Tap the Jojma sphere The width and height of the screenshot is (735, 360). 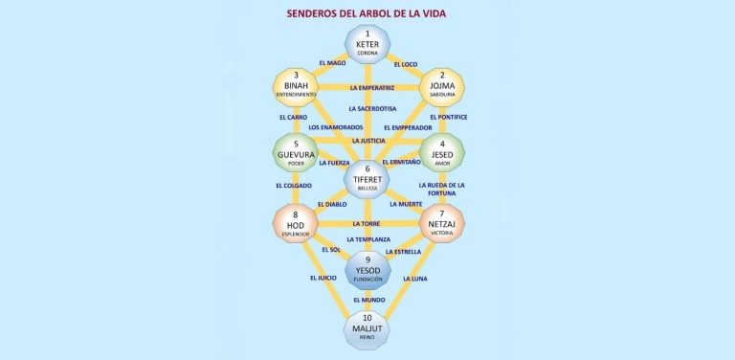(441, 87)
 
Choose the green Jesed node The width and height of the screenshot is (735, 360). (441, 153)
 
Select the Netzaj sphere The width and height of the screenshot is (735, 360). (441, 224)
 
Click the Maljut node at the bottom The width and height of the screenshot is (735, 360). (367, 329)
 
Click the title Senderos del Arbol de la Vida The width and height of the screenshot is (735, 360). (367, 13)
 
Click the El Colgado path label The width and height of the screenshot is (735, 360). (293, 186)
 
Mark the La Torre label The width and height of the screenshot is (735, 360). (367, 224)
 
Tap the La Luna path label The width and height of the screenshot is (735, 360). (415, 279)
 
